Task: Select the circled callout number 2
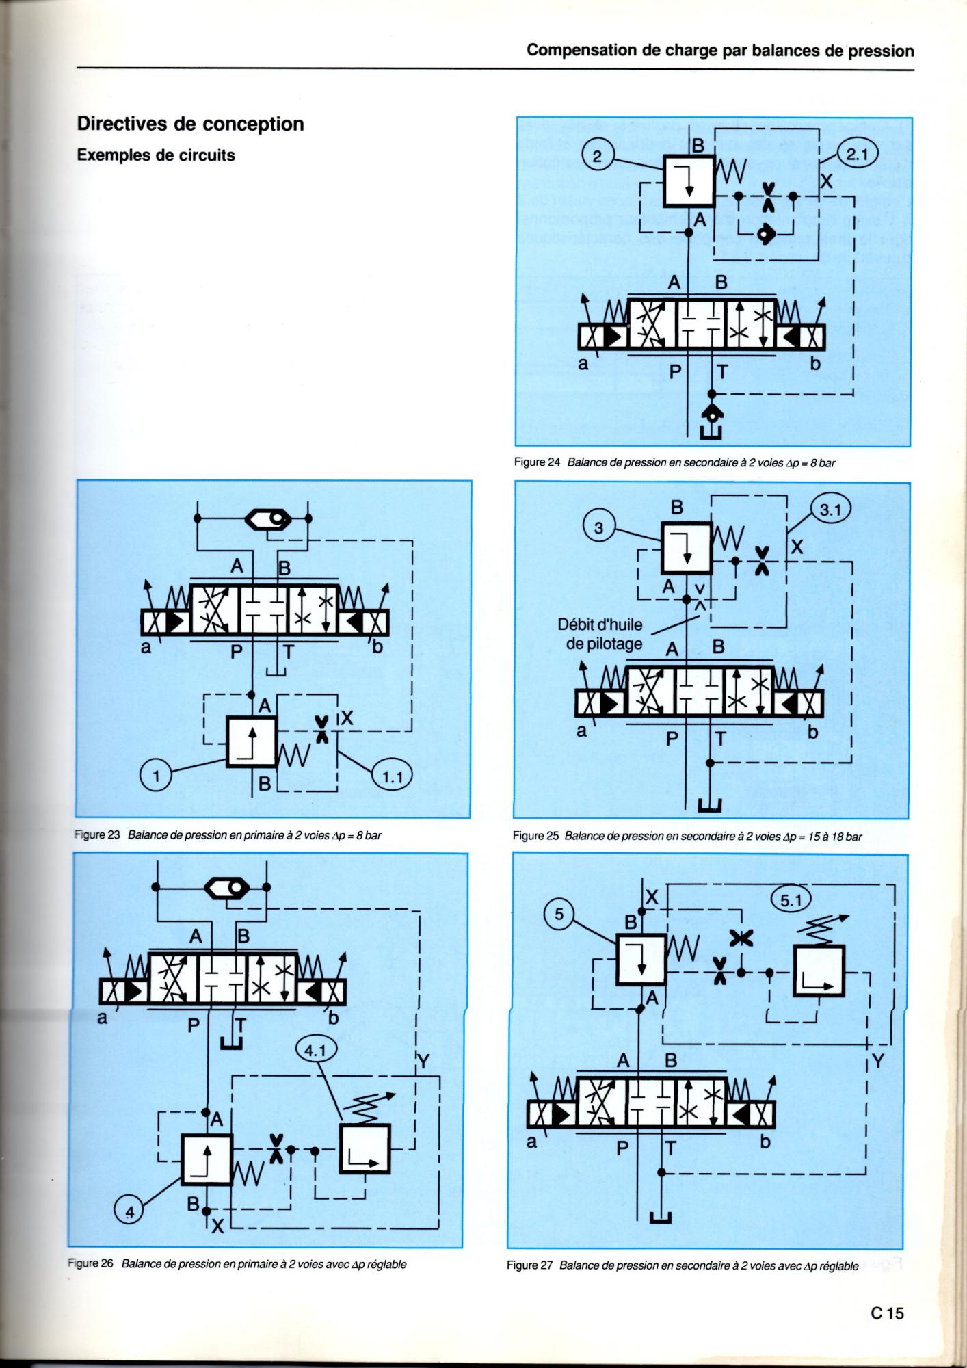point(597,157)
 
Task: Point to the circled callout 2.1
point(857,155)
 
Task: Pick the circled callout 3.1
point(829,510)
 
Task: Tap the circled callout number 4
point(131,1211)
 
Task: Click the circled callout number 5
point(559,914)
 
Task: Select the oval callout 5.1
point(791,900)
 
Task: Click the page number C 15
point(887,1313)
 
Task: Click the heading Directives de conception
point(190,124)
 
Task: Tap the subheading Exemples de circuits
point(156,155)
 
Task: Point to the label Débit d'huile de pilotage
point(600,634)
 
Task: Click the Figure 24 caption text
point(674,462)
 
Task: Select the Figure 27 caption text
point(683,1265)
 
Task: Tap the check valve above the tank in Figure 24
point(712,415)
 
